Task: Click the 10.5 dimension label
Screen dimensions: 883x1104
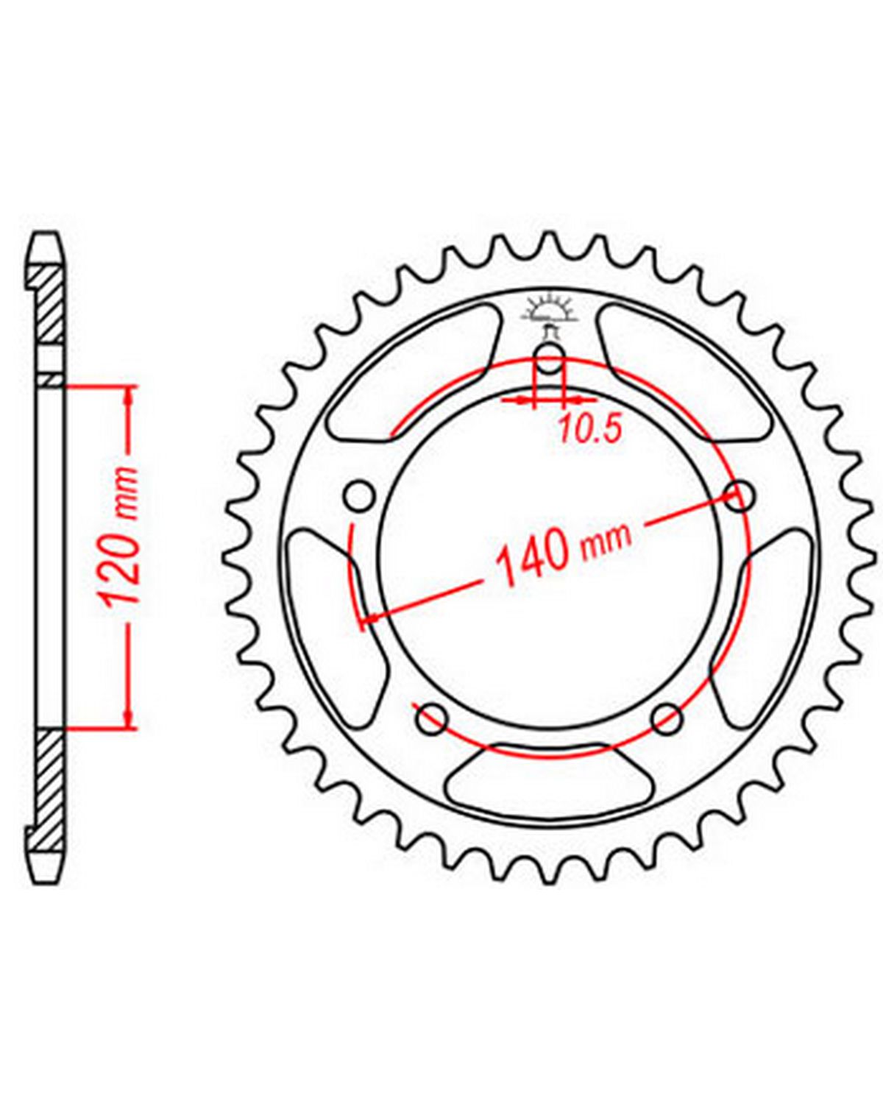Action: coord(590,429)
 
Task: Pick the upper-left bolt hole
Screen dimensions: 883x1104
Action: coord(360,496)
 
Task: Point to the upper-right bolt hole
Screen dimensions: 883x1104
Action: coord(740,496)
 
